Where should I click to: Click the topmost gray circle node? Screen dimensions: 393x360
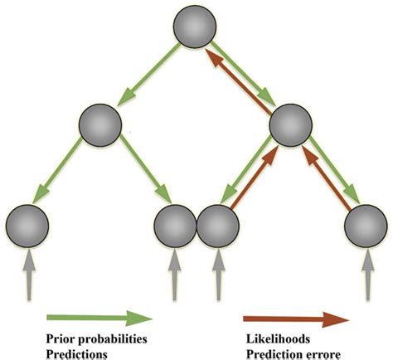click(195, 27)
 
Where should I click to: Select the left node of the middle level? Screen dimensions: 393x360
click(100, 125)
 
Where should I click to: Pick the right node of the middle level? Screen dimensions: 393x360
click(291, 125)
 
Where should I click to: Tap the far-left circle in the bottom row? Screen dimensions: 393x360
click(27, 226)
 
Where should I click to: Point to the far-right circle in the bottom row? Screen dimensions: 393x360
click(366, 226)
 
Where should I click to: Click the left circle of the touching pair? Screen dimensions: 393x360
click(175, 226)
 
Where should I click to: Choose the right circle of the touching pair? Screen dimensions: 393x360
click(218, 226)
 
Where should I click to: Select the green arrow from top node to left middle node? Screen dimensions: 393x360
click(148, 74)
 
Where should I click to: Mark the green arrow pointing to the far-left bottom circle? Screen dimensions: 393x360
click(57, 171)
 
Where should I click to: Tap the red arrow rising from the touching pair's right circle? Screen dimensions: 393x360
click(254, 177)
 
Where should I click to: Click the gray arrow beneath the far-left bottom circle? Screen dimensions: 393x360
click(29, 275)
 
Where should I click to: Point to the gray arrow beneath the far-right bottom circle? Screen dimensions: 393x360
click(368, 275)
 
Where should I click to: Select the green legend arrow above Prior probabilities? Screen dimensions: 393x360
click(99, 318)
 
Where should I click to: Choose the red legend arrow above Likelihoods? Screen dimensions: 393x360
click(296, 319)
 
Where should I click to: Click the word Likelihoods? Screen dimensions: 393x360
click(278, 338)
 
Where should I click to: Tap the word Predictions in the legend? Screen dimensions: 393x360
click(76, 354)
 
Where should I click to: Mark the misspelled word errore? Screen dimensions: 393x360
click(325, 355)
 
